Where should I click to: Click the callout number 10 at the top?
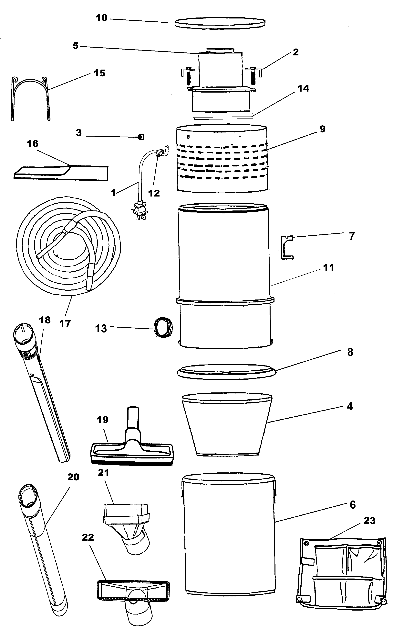coord(102,18)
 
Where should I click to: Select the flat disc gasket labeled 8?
coord(227,372)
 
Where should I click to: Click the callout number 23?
coord(369,520)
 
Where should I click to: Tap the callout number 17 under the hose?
coord(65,323)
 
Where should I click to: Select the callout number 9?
coord(322,129)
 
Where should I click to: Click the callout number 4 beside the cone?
coord(350,406)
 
